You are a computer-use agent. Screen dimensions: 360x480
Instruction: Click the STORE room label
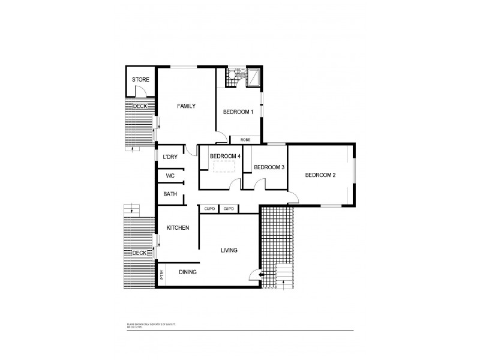coord(140,80)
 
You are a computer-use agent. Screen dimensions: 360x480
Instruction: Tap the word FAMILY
coord(187,106)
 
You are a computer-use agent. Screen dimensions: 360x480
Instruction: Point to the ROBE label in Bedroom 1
coord(245,140)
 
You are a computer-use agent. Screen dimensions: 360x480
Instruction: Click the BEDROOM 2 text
coord(320,175)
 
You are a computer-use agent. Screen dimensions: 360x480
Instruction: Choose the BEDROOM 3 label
coord(268,167)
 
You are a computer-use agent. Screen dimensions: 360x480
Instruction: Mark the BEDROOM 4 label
coord(225,157)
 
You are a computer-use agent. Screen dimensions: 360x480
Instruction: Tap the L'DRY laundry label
coord(170,157)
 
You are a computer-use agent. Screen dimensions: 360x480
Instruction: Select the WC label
coord(170,176)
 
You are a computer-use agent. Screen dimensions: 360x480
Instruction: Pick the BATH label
coord(170,194)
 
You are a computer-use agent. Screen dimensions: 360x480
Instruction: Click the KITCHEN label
coord(178,228)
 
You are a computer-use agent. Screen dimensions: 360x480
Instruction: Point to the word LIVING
coord(229,251)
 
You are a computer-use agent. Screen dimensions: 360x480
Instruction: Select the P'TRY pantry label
coord(162,275)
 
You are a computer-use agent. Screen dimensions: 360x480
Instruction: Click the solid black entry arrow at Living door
coord(259,275)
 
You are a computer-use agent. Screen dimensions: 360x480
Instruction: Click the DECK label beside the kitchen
coord(139,253)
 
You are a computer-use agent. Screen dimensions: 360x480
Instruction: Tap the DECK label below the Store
coord(140,106)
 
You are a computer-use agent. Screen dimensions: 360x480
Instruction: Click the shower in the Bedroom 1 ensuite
coord(254,76)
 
